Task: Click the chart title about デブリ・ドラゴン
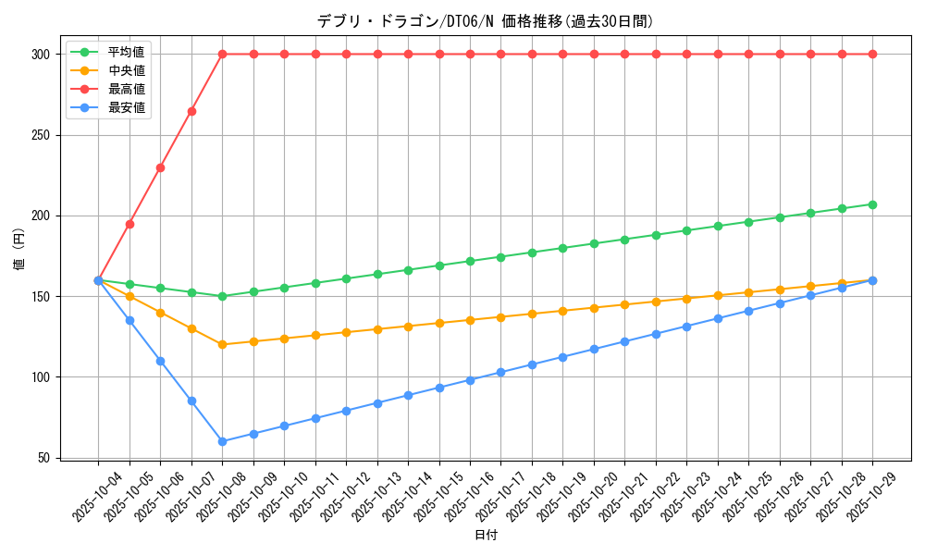point(486,21)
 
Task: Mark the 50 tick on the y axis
point(43,458)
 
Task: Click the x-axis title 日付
point(486,536)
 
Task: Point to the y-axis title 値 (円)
point(18,251)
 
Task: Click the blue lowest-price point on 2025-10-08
point(222,441)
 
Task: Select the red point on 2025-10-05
point(129,224)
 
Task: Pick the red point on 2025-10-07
point(191,111)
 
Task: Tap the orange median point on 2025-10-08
point(222,345)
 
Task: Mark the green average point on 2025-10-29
point(872,204)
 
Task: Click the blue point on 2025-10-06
point(160,361)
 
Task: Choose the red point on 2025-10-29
point(872,55)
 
